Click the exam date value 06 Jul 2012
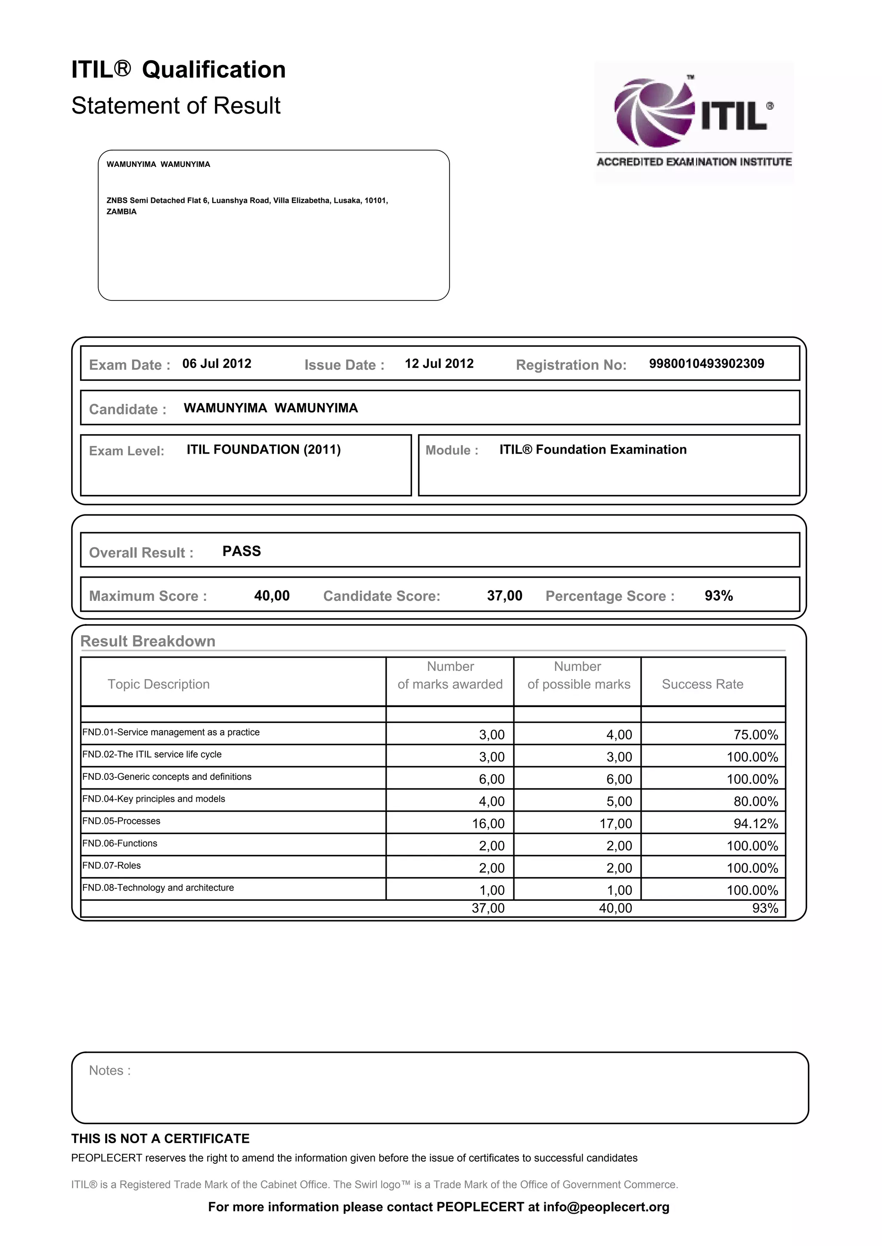click(217, 364)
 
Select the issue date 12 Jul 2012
click(439, 364)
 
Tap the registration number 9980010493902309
click(706, 364)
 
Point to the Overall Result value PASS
click(242, 551)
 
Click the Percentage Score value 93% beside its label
click(718, 596)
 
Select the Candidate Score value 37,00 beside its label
click(505, 596)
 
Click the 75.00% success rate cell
click(755, 735)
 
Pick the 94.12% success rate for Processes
click(755, 824)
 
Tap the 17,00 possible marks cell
click(616, 824)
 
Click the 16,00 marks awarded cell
click(488, 824)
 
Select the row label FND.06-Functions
click(120, 843)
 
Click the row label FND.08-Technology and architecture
click(158, 888)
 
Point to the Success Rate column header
click(702, 684)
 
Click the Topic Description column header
click(158, 684)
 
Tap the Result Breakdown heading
click(148, 641)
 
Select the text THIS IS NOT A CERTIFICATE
click(160, 1138)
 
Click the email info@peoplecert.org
click(606, 1207)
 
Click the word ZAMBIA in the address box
click(121, 212)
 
